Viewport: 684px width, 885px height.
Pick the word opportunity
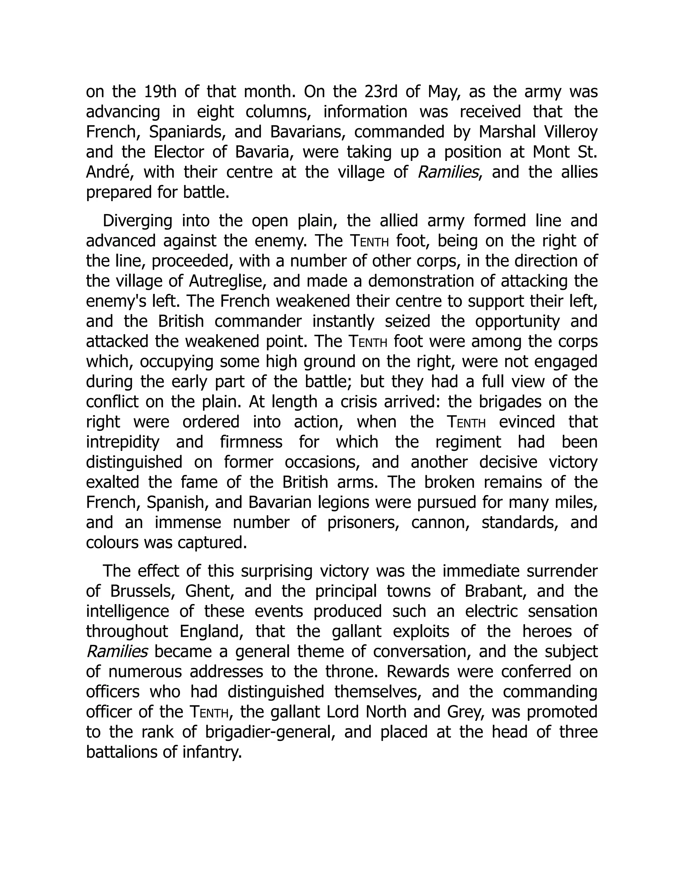[x=517, y=321]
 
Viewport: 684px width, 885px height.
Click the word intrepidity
[x=122, y=442]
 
